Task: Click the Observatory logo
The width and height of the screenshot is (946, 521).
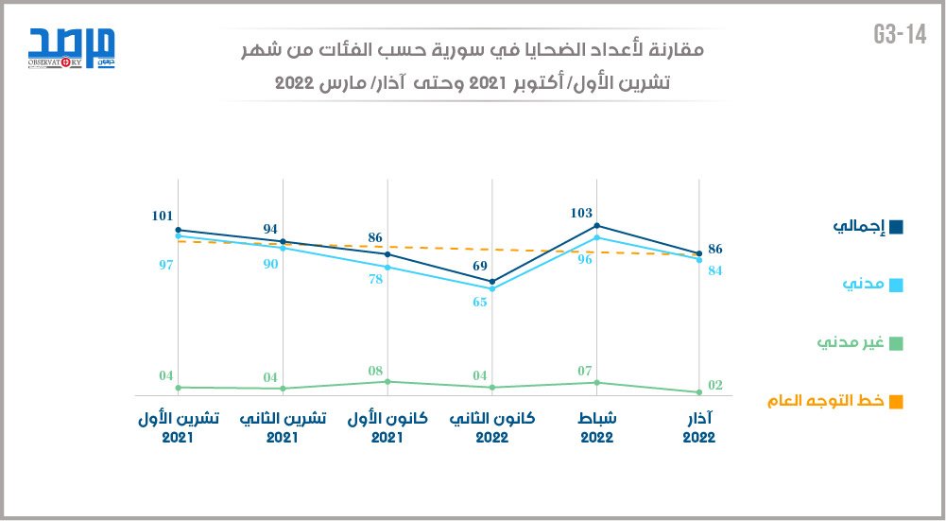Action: coord(73,47)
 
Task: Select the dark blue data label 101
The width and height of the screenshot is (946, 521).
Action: coord(163,216)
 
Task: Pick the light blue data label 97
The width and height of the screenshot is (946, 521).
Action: coord(165,265)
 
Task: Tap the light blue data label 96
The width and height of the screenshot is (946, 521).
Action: coord(585,259)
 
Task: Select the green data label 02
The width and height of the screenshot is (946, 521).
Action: coord(715,385)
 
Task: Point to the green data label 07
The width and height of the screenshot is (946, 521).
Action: coord(585,372)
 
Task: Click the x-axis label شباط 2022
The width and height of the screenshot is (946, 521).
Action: coord(596,428)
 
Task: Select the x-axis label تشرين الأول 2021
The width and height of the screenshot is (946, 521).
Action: coord(178,428)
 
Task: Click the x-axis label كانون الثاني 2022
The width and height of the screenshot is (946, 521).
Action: coord(491,428)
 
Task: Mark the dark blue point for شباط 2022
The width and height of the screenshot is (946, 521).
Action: coord(596,226)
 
